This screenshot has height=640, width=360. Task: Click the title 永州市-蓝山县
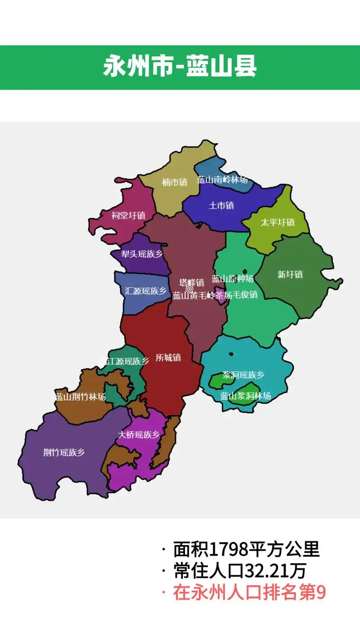coord(180,67)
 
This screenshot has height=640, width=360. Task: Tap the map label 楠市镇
coord(175,182)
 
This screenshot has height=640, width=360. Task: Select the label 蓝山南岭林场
coord(222,180)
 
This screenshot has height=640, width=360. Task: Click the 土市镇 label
coord(221,206)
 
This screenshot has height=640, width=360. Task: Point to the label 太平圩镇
coord(278,222)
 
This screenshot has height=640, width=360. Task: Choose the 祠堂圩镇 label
coord(128,216)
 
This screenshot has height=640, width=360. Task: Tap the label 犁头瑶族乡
coord(142,254)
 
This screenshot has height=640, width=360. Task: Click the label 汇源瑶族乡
coord(146,291)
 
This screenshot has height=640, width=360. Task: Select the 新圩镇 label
coord(290,274)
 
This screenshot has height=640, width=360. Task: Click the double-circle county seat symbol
coord(189,289)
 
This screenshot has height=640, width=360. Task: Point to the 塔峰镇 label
coord(192,283)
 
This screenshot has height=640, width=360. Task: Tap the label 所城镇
coord(168,358)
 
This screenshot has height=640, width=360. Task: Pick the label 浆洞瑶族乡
coord(243,375)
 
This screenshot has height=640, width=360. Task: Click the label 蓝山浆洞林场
coord(246,396)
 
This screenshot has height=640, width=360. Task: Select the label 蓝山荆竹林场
coord(81,397)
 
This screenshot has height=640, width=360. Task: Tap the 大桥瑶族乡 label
coord(139,435)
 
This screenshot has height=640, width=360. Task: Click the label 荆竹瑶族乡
coord(64,452)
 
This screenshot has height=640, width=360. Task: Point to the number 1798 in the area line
coord(227,549)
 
